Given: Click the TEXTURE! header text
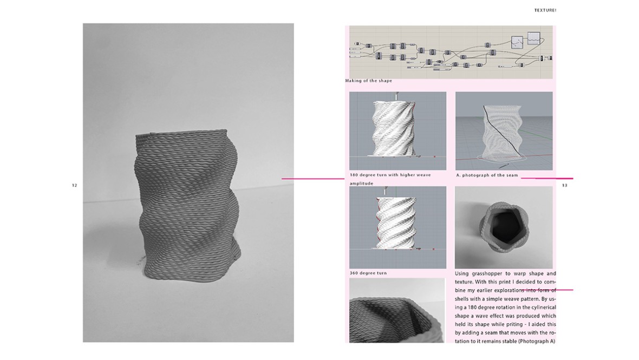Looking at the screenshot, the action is click(x=545, y=10).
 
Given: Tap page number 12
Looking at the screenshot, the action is click(x=75, y=185).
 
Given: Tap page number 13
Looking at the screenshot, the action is click(x=564, y=185).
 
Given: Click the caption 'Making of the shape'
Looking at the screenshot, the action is click(x=368, y=81).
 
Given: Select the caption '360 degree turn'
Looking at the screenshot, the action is click(x=368, y=273).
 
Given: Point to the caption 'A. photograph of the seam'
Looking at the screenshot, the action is click(x=487, y=175).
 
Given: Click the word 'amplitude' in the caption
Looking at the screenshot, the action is click(x=362, y=184).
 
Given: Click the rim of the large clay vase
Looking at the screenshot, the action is click(x=181, y=134).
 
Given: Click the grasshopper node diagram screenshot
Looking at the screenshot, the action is click(x=451, y=52).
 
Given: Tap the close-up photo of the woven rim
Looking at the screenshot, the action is click(x=397, y=310).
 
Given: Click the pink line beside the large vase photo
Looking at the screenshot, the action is click(x=313, y=178).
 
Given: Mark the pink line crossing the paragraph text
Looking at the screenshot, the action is click(x=546, y=290).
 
